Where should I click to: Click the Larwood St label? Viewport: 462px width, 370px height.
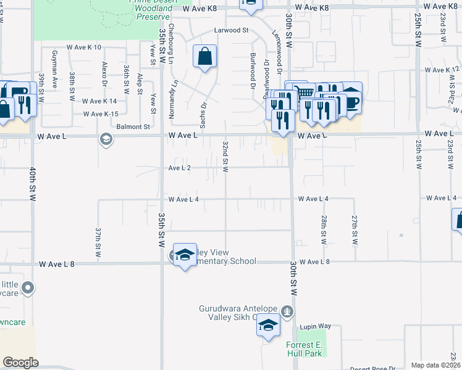231,30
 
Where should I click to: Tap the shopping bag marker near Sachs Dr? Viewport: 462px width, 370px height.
204,57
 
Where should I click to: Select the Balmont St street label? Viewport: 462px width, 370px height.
133,126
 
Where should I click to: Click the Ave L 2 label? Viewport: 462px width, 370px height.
180,168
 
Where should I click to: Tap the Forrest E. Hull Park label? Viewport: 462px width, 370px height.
304,350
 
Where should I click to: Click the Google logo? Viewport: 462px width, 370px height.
20,363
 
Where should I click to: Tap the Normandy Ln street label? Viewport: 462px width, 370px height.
175,89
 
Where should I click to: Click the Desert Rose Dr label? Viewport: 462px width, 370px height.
373,368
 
